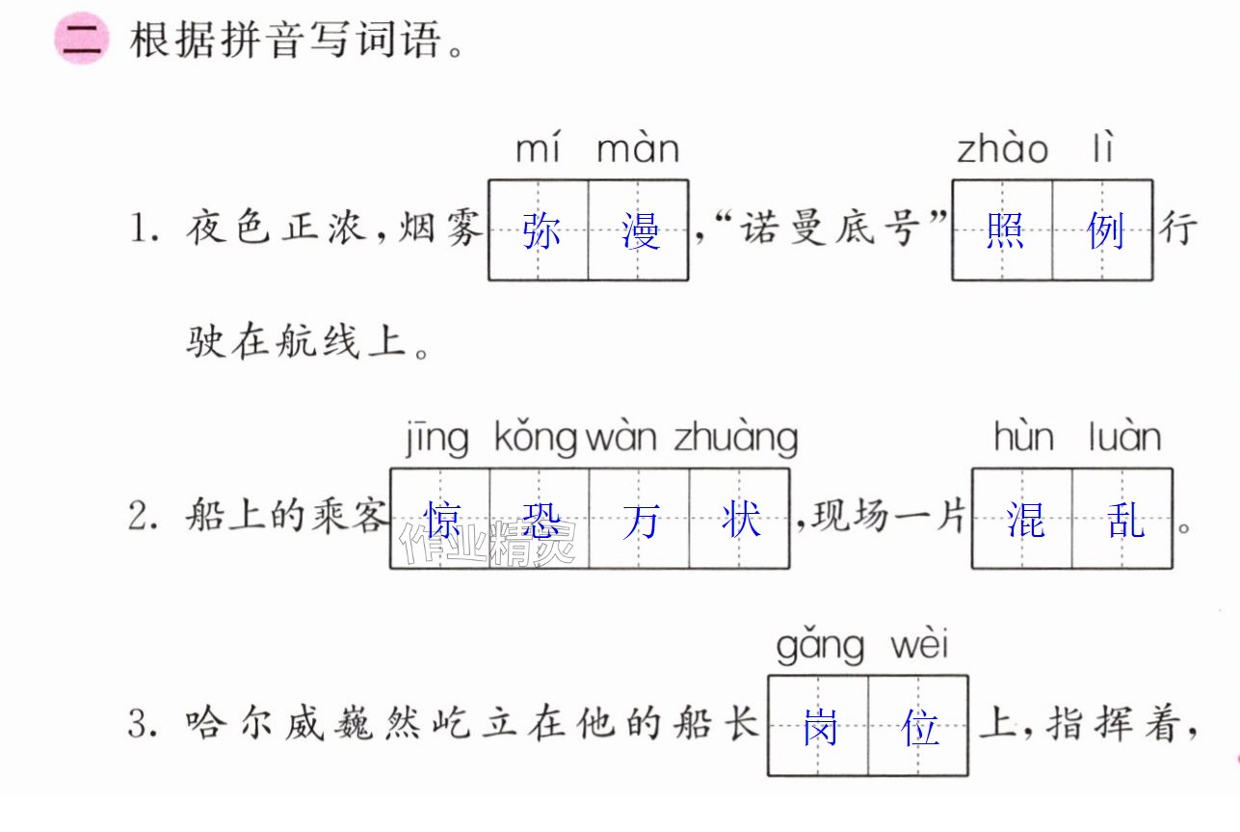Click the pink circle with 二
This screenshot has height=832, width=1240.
point(81,39)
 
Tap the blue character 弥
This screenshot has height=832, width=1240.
point(541,231)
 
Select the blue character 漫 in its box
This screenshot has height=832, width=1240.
point(641,231)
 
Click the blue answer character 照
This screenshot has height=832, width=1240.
point(1005,230)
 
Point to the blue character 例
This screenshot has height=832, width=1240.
point(1105,230)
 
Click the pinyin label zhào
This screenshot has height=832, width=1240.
point(1003,148)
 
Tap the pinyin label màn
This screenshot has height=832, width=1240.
point(638,148)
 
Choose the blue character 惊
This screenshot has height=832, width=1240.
point(441,520)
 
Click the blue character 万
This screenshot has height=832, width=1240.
point(641,521)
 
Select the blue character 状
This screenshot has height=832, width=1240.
point(741,520)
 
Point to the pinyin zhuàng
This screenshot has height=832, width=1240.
point(736,439)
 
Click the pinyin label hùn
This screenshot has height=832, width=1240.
point(1023,437)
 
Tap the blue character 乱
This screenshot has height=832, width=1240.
point(1125,520)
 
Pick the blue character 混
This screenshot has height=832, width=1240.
point(1025,520)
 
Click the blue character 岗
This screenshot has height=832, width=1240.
point(820,727)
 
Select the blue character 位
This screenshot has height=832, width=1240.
point(919,727)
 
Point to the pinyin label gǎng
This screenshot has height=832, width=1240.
point(820,647)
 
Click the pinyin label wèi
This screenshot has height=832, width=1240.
point(919,643)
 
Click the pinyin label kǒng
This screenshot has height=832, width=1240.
point(536,439)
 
